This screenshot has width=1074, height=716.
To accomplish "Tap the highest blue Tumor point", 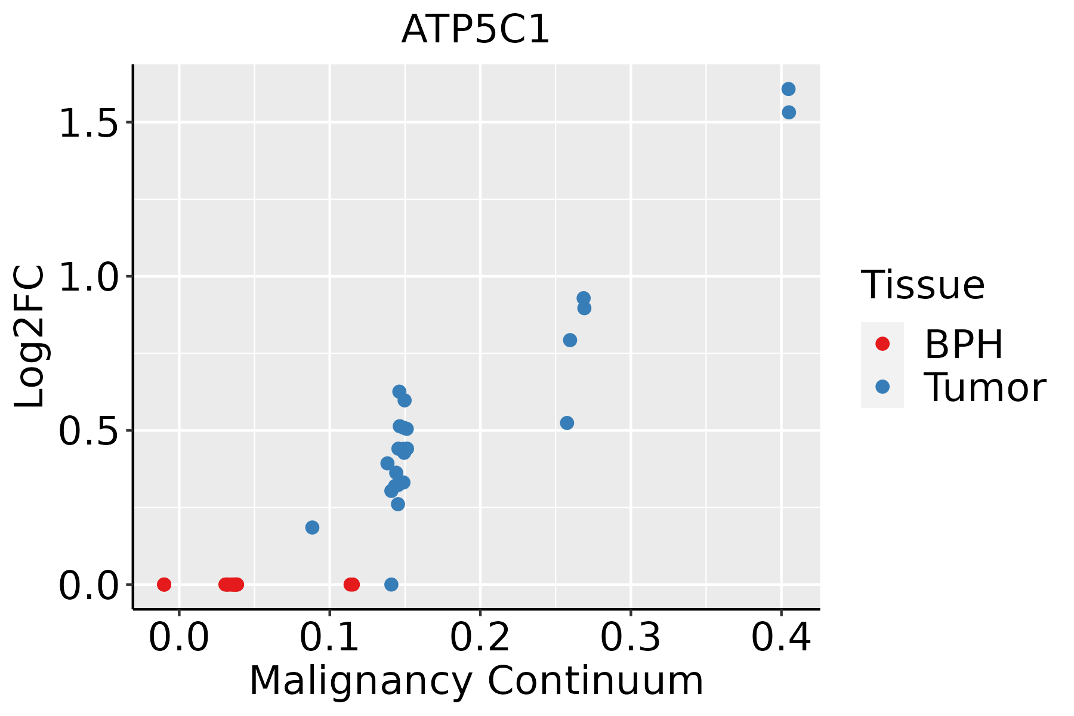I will (788, 89).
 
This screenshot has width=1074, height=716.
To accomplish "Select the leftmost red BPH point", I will (164, 584).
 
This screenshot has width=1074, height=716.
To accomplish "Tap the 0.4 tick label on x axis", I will (780, 638).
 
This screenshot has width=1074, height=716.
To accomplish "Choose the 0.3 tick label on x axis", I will (630, 638).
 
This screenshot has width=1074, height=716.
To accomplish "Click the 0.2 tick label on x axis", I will (480, 638).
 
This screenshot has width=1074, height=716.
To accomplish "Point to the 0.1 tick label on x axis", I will (329, 638).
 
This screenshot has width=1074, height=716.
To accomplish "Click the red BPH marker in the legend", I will (882, 344).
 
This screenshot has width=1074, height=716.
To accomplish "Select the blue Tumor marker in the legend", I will (882, 387).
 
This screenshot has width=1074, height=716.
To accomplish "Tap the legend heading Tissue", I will (922, 285).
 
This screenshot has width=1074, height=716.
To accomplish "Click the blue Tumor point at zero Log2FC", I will (391, 584).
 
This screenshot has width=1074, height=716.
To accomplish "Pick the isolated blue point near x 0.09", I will (312, 527).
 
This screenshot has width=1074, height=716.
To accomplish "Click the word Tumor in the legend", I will (984, 388).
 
